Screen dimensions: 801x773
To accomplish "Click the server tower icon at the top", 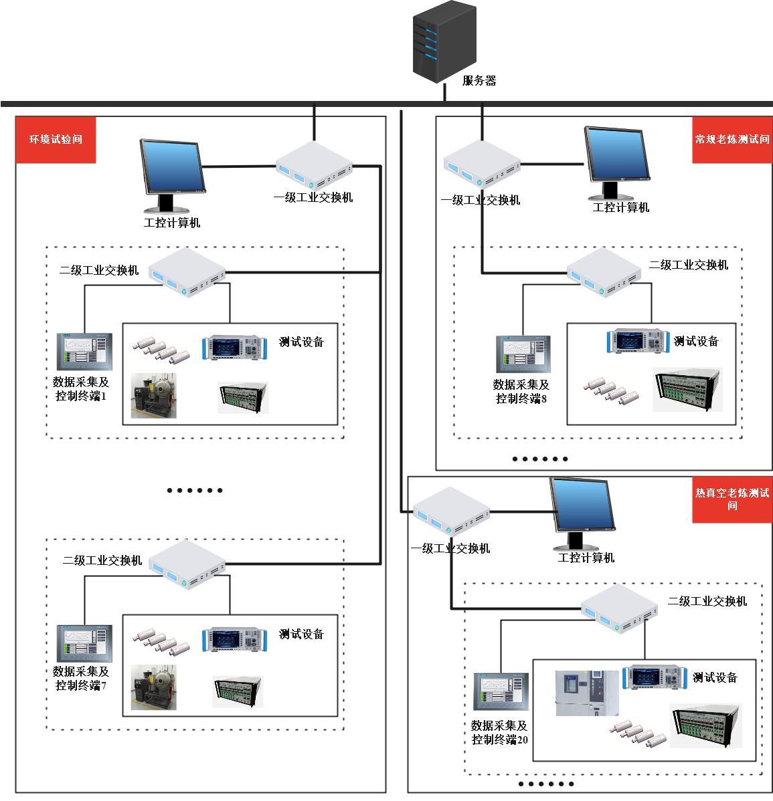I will pyautogui.click(x=444, y=41).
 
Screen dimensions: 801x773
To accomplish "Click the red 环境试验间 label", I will pyautogui.click(x=56, y=140).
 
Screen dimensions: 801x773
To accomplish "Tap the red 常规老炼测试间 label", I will pyautogui.click(x=732, y=140).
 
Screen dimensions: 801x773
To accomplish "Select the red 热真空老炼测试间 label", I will pyautogui.click(x=732, y=499).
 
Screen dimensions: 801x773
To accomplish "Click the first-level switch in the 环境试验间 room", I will pyautogui.click(x=314, y=165).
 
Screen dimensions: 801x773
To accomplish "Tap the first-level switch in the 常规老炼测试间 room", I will pyautogui.click(x=482, y=164).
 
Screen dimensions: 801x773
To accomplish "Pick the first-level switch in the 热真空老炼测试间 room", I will pyautogui.click(x=451, y=511).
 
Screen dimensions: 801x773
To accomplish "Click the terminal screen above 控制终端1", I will pyautogui.click(x=84, y=351).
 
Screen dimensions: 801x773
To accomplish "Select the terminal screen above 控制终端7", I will pyautogui.click(x=84, y=643).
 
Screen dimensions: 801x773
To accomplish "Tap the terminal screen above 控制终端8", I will pyautogui.click(x=523, y=354).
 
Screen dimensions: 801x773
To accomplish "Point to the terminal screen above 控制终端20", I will pyautogui.click(x=501, y=691).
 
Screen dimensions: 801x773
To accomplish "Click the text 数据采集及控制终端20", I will pyautogui.click(x=499, y=732).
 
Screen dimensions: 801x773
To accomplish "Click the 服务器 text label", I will pyautogui.click(x=479, y=81).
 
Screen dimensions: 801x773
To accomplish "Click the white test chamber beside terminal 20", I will pyautogui.click(x=587, y=693).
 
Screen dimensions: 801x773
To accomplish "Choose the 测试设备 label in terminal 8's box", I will pyautogui.click(x=696, y=342).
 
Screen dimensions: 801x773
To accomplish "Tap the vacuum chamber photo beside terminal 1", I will pyautogui.click(x=153, y=396).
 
